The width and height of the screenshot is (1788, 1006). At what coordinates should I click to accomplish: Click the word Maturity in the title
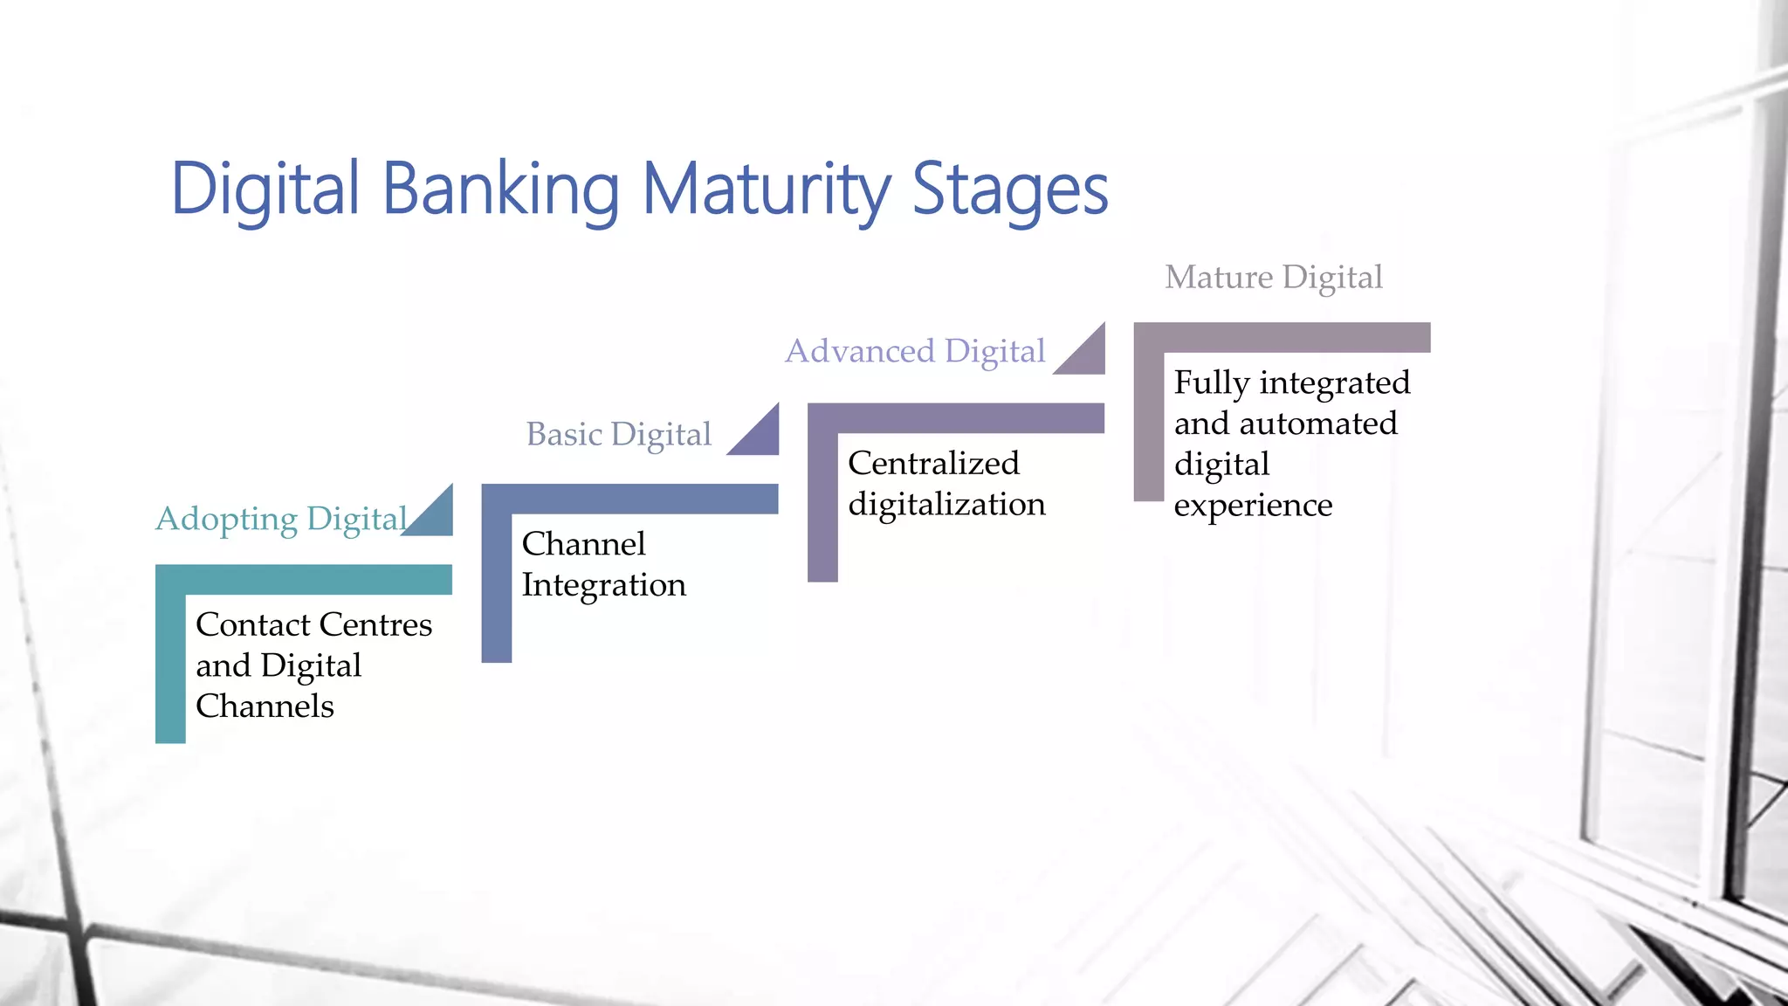[x=767, y=189]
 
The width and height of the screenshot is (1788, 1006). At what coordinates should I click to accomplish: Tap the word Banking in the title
[x=500, y=189]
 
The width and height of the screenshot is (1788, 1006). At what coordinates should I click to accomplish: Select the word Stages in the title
[x=1010, y=189]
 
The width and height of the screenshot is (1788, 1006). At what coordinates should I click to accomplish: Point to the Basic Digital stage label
[x=618, y=434]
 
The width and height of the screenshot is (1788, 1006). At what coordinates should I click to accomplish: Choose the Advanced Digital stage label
[x=915, y=351]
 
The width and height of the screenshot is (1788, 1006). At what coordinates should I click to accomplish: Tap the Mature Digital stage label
[x=1274, y=278]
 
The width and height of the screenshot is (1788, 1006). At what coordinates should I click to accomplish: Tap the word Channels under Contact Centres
[x=265, y=706]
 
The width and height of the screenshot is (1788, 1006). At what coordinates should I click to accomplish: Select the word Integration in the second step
[x=603, y=584]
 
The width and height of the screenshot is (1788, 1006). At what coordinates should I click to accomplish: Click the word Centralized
[x=933, y=463]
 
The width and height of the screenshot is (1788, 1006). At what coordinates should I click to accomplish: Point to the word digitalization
[x=946, y=504]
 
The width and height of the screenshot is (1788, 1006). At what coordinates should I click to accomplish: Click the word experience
[x=1253, y=505]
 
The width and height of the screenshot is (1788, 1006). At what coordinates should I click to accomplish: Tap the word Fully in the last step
[x=1211, y=382]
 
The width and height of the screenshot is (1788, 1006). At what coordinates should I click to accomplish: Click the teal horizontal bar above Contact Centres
[x=304, y=579]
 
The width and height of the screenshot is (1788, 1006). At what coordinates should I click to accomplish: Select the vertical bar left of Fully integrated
[x=1148, y=419]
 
